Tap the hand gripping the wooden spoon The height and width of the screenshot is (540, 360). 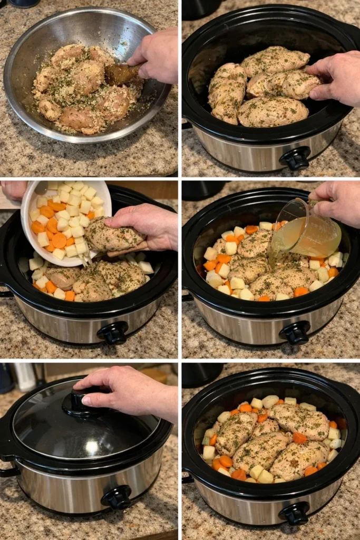pos(156,55)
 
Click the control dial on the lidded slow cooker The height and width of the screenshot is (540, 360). pos(117,497)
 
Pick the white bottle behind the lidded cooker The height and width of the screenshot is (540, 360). pos(25,376)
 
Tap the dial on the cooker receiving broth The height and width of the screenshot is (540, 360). pos(295,332)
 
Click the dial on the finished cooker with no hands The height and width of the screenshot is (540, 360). pos(295,513)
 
